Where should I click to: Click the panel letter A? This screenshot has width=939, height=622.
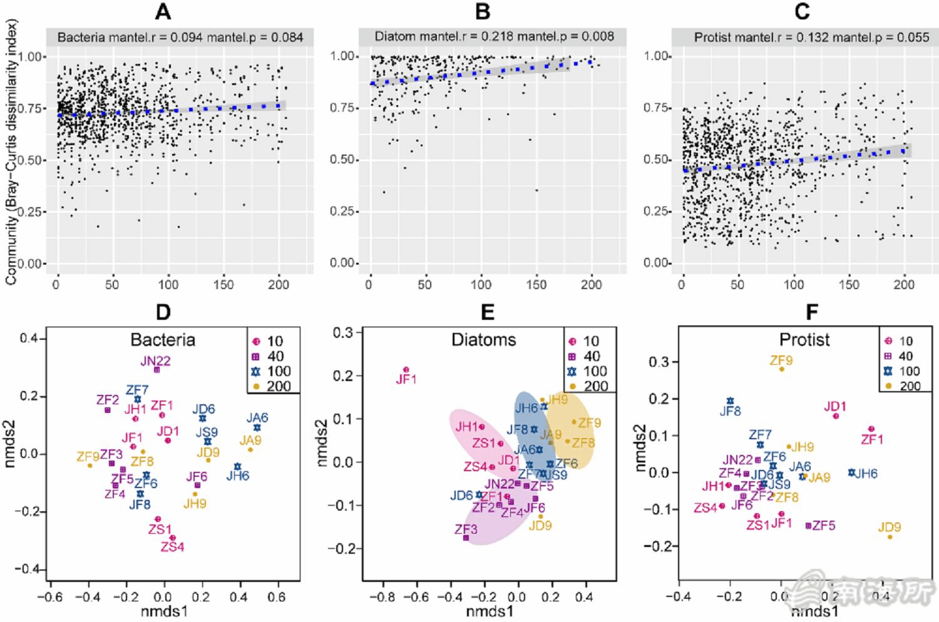tap(164, 11)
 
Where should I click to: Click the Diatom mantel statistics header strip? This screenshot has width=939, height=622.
tap(494, 36)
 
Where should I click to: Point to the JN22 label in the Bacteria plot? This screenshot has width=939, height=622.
tap(155, 360)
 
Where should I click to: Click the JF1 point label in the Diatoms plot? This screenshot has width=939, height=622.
tap(406, 379)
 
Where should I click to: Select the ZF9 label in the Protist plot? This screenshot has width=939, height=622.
tap(781, 360)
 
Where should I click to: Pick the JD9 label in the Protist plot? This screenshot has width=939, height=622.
tap(889, 527)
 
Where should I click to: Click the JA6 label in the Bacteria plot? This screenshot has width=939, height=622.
tap(257, 417)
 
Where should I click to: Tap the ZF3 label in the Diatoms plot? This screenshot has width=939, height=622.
tap(466, 529)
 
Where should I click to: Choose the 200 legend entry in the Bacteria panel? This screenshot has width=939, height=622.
tap(279, 386)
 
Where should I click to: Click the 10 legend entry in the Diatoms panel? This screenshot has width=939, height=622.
tap(591, 341)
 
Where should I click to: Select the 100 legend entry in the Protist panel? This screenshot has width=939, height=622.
tap(909, 371)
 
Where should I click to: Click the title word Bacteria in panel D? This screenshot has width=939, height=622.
tap(163, 340)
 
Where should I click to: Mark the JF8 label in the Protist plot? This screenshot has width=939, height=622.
tap(730, 411)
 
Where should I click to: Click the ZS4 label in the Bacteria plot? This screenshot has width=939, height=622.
tap(172, 547)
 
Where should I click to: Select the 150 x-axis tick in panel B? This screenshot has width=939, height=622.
tap(536, 285)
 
